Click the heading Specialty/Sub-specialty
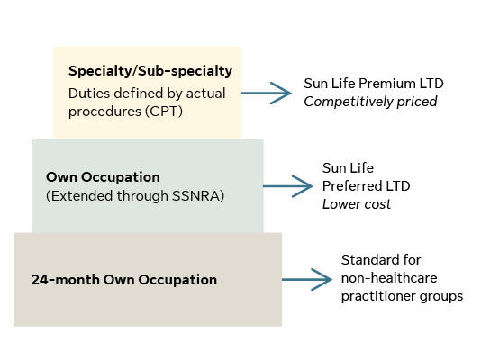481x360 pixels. (150, 71)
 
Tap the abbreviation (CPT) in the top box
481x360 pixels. (164, 112)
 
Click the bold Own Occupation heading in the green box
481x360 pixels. (103, 177)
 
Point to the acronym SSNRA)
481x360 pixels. (198, 196)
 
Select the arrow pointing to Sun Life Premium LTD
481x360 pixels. (267, 93)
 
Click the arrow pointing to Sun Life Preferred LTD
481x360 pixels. (287, 186)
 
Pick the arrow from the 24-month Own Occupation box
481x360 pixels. (307, 279)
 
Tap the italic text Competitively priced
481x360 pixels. (370, 102)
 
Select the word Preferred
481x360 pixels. (352, 186)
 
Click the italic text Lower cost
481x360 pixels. (357, 204)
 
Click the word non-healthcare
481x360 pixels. (389, 278)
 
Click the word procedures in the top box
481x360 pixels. (104, 112)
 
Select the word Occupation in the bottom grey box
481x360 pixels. (177, 279)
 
